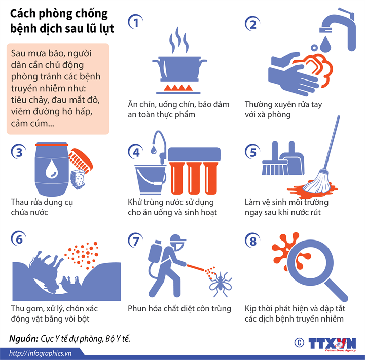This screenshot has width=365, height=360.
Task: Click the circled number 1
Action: [x=135, y=22]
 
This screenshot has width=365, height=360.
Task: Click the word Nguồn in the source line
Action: [x=23, y=338]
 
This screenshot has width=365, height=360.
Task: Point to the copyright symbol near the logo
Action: [x=299, y=343]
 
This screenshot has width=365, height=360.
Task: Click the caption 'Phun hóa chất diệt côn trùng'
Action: [x=179, y=308]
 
